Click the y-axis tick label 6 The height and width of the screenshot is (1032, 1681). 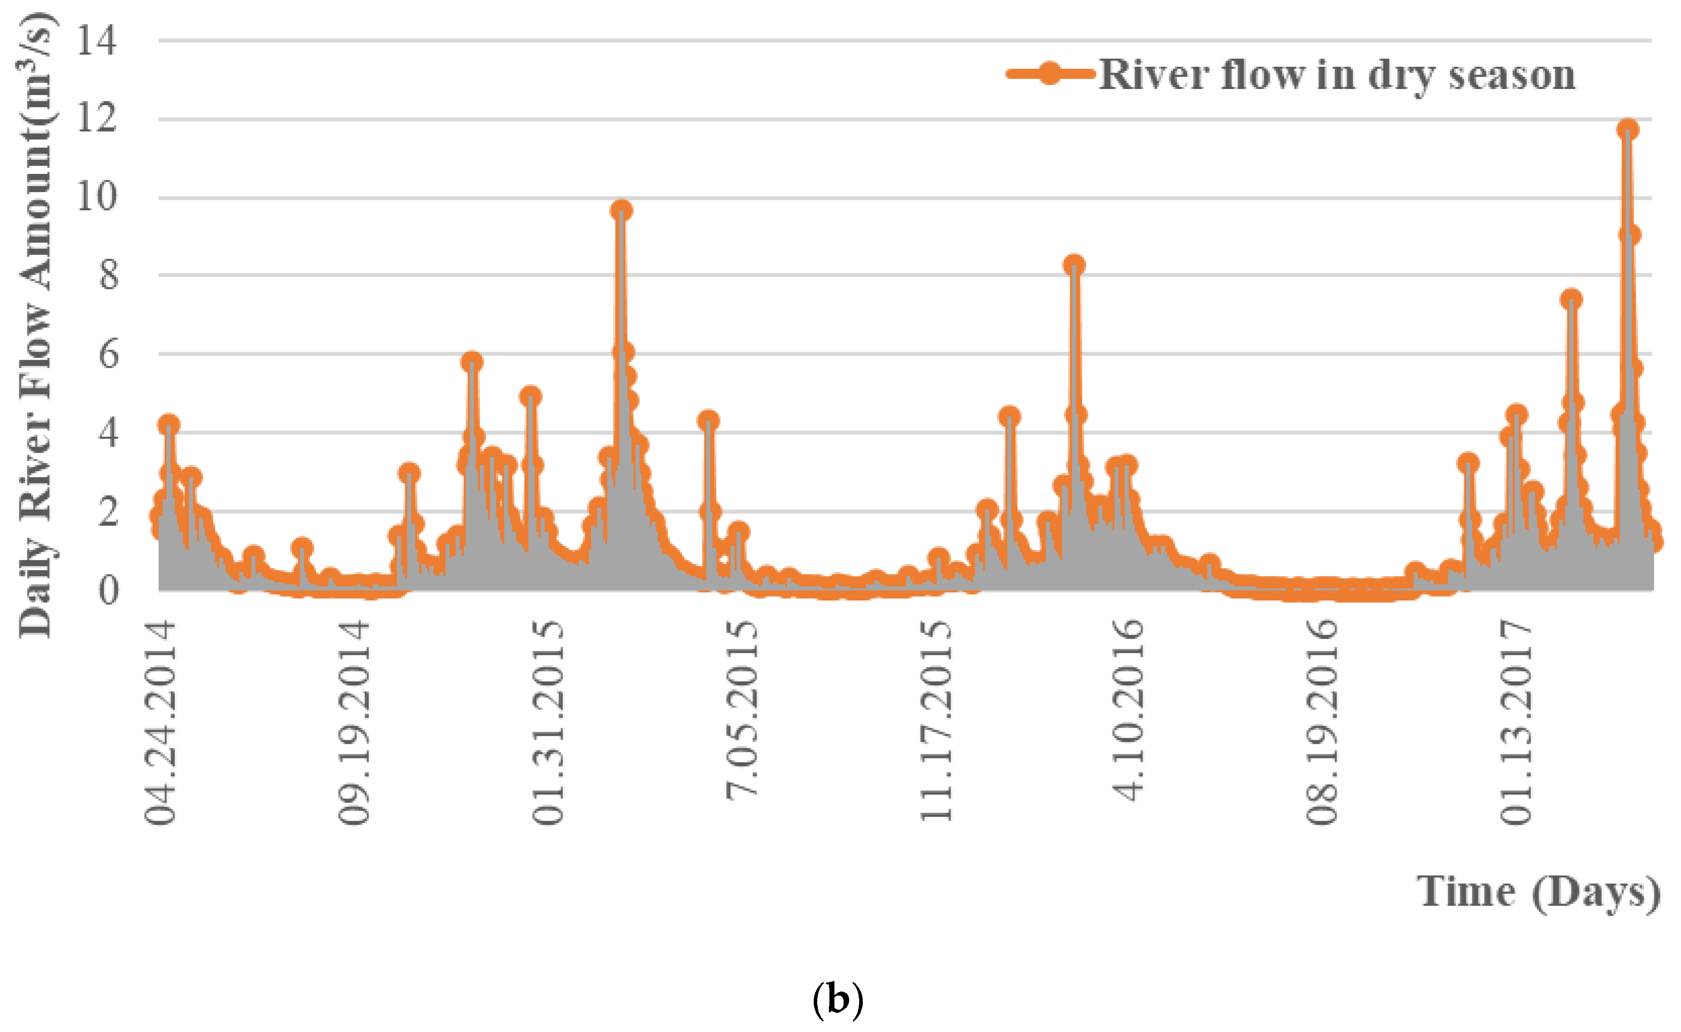point(108,354)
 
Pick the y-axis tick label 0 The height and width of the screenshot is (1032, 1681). point(108,590)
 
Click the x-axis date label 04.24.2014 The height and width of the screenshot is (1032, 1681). point(161,722)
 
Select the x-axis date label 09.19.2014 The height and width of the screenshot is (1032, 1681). point(355,722)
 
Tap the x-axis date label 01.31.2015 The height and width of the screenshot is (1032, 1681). point(549,722)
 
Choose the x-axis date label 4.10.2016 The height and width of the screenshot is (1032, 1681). point(1128,710)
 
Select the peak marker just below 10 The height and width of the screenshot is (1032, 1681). point(621,210)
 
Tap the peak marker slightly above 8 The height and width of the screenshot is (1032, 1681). point(1074,265)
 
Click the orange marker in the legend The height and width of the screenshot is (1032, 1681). point(1051,73)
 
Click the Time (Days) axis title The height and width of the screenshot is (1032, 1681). point(1539,892)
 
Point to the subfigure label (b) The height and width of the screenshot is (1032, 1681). point(838,1000)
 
